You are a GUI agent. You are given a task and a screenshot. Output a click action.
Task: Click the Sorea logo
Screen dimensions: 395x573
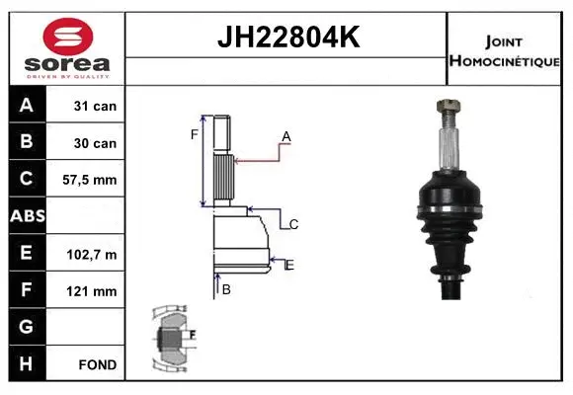67,47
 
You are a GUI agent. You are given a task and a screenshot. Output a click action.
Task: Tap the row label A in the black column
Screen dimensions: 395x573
27,106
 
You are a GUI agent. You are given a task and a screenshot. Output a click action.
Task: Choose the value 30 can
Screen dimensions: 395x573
96,143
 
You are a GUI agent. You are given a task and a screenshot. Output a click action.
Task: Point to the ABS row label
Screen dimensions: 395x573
27,216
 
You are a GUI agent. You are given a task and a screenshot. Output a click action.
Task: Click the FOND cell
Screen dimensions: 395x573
97,364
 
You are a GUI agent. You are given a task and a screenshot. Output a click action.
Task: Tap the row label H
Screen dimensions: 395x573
27,363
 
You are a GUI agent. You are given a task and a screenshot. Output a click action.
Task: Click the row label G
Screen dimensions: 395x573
27,327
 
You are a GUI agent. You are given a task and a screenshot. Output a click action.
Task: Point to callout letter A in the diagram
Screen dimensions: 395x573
286,136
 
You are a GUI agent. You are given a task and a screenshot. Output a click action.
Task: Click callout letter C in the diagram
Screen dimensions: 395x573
294,225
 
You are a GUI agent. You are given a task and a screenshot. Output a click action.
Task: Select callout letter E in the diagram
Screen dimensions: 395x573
289,264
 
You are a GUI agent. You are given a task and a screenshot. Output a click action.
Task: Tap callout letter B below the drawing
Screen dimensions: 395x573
226,289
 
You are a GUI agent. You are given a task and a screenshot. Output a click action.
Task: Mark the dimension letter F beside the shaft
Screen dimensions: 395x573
195,134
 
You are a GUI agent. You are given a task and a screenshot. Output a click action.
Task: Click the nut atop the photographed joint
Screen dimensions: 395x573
444,106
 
